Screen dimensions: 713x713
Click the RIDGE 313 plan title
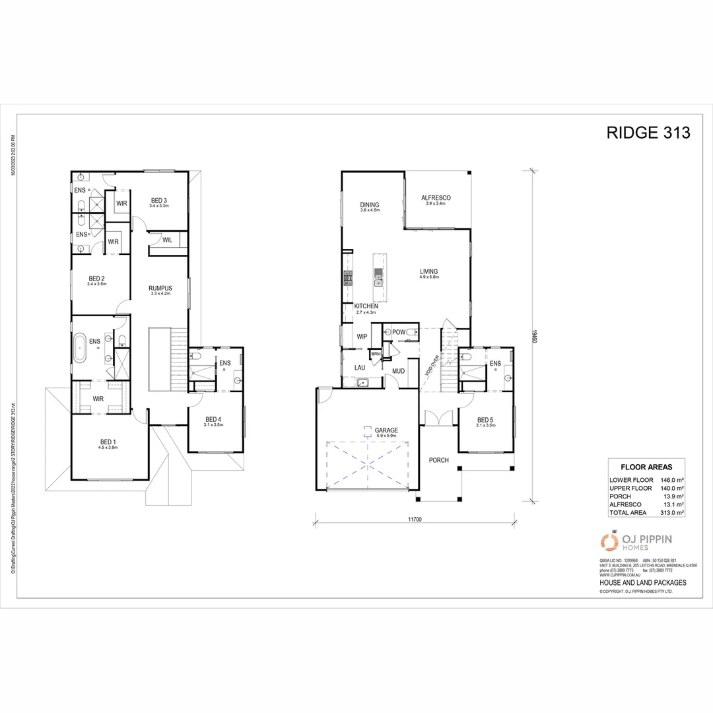coord(648,133)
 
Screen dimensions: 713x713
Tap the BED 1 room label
coord(107,442)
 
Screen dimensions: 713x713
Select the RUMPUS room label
coord(160,288)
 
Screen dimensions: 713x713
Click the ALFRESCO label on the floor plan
coord(436,198)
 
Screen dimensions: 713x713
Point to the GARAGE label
coord(368,430)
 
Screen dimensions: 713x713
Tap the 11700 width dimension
coord(415,520)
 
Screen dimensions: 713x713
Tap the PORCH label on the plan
coord(439,460)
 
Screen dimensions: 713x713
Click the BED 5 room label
coord(485,420)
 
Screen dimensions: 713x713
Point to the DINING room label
coord(370,204)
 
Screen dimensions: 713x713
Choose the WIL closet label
coord(167,240)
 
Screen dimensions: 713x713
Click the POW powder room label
coord(399,331)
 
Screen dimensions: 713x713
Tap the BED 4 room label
coord(214,419)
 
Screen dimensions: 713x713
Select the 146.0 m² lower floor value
coord(670,480)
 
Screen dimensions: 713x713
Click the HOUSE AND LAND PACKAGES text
coord(642,583)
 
